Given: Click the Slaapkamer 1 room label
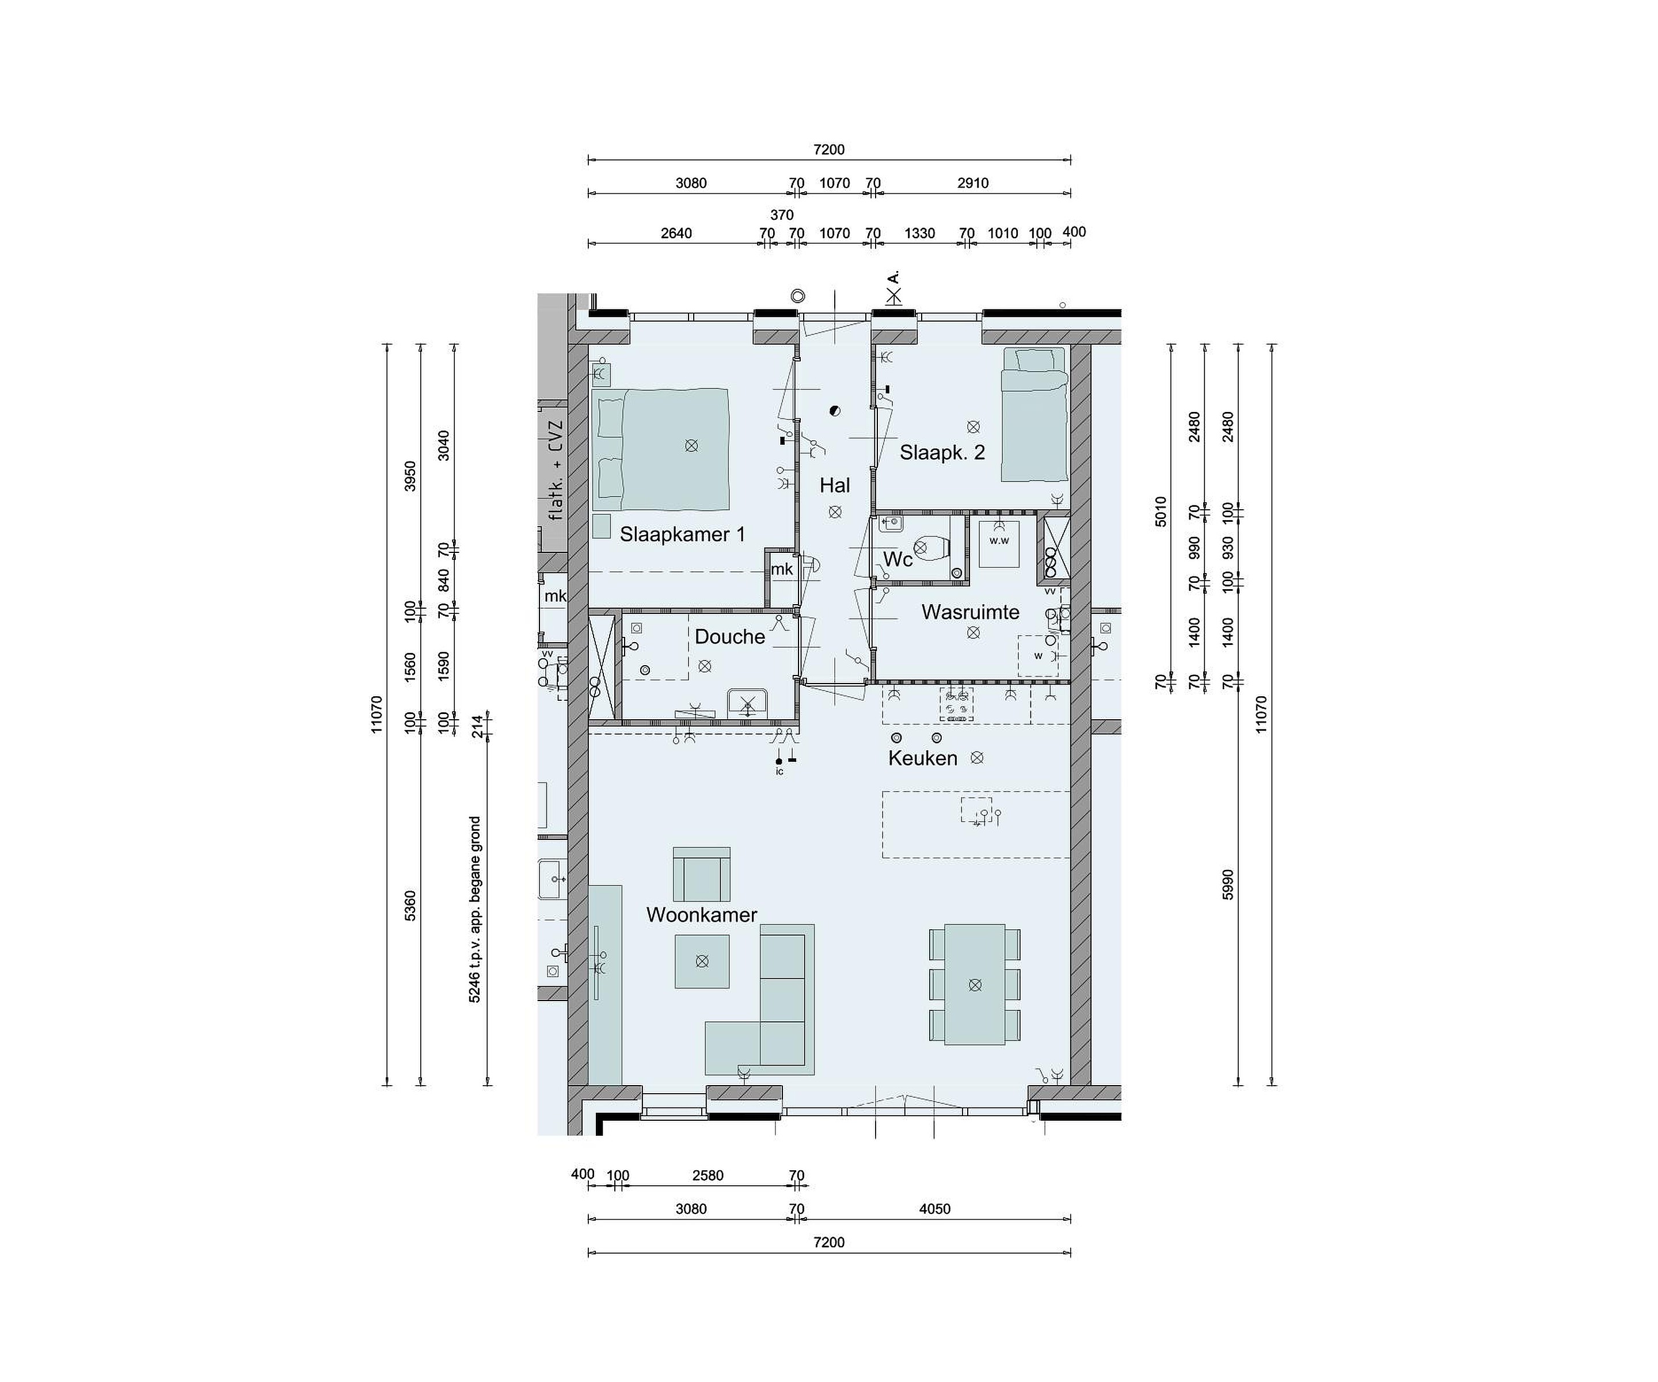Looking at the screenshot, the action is (x=682, y=535).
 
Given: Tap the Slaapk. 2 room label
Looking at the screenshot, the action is (x=942, y=452).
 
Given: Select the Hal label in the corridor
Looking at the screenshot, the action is (x=835, y=486).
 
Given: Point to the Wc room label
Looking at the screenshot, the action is (x=898, y=560).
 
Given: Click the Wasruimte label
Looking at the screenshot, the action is (x=970, y=612).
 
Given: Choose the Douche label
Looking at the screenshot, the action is (x=729, y=636).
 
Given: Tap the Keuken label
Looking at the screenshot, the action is (x=922, y=758).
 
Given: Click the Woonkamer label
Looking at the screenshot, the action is (x=701, y=915).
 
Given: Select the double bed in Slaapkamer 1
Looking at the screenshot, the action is (x=661, y=449).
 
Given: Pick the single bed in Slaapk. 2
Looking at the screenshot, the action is (x=1033, y=414).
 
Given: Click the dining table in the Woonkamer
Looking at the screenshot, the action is (x=975, y=984).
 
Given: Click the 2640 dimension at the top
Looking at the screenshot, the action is (x=676, y=233).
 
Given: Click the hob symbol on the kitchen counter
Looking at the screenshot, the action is (x=956, y=705).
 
